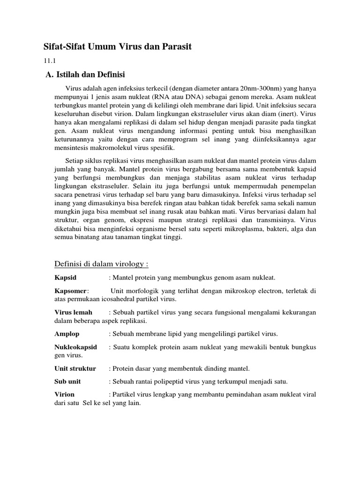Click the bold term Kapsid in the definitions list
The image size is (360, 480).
pyautogui.click(x=65, y=277)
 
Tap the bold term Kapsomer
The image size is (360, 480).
pyautogui.click(x=71, y=291)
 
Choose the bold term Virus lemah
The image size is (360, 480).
pyautogui.click(x=74, y=312)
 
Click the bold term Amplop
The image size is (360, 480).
pyautogui.click(x=67, y=334)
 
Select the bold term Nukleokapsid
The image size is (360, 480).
pyautogui.click(x=76, y=347)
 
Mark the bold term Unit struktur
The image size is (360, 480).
pyautogui.click(x=75, y=368)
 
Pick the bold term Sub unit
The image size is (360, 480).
pyautogui.click(x=69, y=381)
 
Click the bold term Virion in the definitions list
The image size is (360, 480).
pyautogui.click(x=65, y=394)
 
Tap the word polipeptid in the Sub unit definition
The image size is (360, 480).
pyautogui.click(x=172, y=381)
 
